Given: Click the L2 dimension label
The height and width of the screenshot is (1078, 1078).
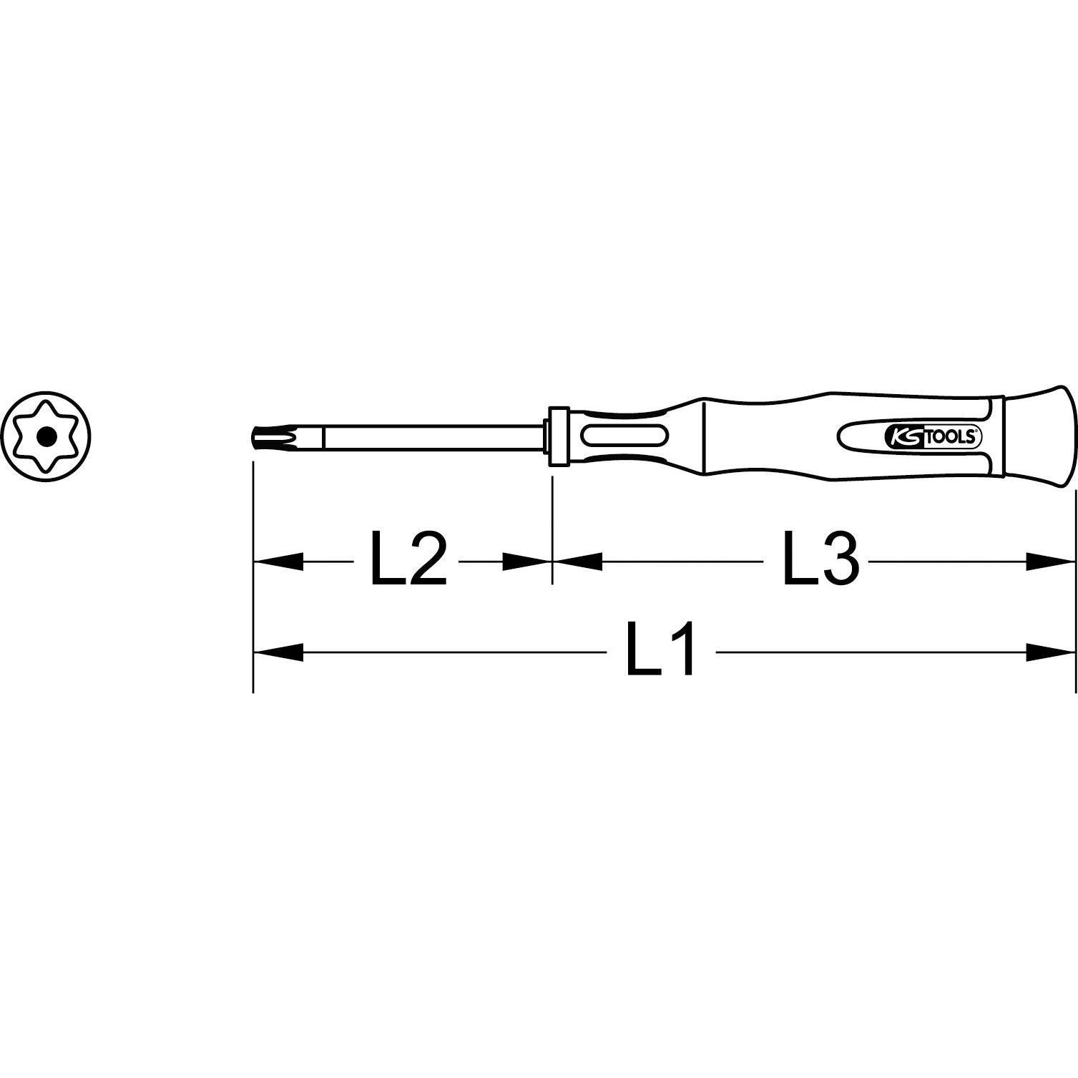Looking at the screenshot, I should click(408, 559).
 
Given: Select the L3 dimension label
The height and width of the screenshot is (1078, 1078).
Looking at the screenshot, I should click(820, 559).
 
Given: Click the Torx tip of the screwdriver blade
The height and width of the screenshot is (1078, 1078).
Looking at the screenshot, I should click(263, 436).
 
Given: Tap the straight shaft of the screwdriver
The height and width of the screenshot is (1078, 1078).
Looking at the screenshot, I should click(429, 436).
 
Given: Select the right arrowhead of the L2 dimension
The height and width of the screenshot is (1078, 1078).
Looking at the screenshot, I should click(526, 562).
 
